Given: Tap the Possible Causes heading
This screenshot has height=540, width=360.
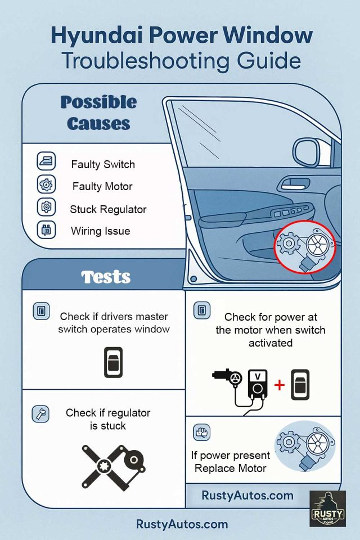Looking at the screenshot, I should (98, 112).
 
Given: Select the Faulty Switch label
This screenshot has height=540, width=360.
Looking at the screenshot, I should (103, 165).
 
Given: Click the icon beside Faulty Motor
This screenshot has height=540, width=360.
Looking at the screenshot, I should (45, 184).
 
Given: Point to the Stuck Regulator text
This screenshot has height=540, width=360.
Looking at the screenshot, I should (108, 209).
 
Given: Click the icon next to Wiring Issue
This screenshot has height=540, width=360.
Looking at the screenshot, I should (45, 230).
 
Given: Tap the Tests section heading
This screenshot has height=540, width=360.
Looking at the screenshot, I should (106, 277).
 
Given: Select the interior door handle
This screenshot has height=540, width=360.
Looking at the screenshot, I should (294, 183).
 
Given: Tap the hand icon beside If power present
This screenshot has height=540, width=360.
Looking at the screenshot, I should (201, 433).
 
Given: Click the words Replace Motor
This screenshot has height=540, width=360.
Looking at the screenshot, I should (230, 468).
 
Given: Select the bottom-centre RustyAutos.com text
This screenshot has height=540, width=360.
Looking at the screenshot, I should (182, 524).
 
